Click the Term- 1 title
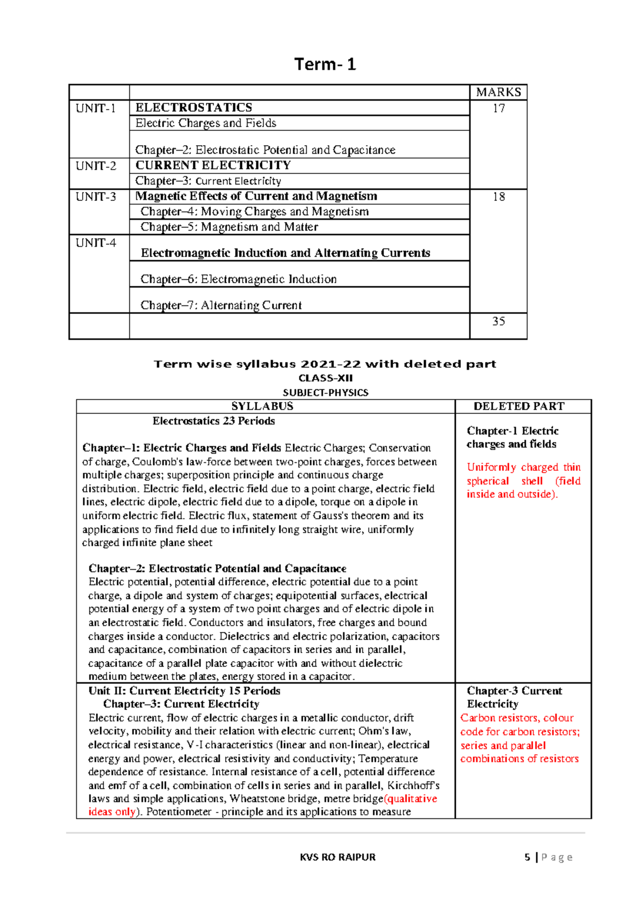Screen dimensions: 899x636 coord(325,64)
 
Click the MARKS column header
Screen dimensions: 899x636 coord(498,92)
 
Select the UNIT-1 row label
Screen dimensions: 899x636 coord(95,108)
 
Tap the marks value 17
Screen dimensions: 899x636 coord(498,108)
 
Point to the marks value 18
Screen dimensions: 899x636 coord(498,197)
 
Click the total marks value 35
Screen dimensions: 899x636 coord(498,321)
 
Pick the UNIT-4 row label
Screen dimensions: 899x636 coord(95,243)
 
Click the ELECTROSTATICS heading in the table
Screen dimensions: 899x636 coord(193,108)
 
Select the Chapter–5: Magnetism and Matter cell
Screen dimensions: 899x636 coord(229,227)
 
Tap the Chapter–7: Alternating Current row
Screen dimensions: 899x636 coord(220,305)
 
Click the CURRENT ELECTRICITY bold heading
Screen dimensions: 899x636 coord(213,165)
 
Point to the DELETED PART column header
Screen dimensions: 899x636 coord(519,407)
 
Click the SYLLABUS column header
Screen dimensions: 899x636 coord(262,407)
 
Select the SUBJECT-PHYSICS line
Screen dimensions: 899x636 coord(325,393)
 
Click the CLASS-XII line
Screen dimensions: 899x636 coord(325,378)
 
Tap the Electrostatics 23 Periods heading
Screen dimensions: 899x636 coord(214,421)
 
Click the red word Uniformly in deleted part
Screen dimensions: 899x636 coord(491,468)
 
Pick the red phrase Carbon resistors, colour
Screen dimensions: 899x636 coord(517,718)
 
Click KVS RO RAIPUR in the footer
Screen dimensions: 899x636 coord(338,857)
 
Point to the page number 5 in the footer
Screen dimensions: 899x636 coord(527,857)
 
